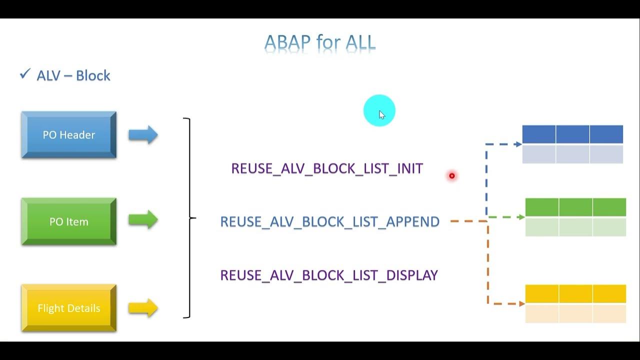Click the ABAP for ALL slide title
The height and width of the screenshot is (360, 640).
pos(320,43)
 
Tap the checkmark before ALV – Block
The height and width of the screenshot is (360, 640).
pos(24,74)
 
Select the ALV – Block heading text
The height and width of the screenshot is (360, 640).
pos(73,75)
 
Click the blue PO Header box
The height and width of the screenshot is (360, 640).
pos(69,135)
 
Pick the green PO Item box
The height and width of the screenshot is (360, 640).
pos(69,221)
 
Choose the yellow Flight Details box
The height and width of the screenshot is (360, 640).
pos(69,308)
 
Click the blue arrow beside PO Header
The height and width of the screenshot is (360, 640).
pos(143,135)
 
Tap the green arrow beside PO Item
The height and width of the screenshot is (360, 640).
pos(143,220)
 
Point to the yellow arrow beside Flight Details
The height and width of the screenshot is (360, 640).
pos(143,308)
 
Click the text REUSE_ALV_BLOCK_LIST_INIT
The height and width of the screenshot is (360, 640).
pos(327,168)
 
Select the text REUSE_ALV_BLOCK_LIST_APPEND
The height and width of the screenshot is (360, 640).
pos(330,221)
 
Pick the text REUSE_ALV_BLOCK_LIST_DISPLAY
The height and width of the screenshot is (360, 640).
pos(329,275)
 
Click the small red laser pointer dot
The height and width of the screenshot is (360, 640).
pos(452,175)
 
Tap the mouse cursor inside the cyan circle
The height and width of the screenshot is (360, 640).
pos(381,114)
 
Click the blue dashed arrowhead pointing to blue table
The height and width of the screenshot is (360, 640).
pos(518,144)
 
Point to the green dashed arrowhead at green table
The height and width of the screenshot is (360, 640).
pos(521,217)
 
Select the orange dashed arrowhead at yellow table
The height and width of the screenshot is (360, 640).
pos(521,303)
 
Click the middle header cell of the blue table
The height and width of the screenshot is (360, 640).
pos(572,134)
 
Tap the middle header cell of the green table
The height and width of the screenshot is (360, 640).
pos(575,207)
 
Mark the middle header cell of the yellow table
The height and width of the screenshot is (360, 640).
pos(575,294)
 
